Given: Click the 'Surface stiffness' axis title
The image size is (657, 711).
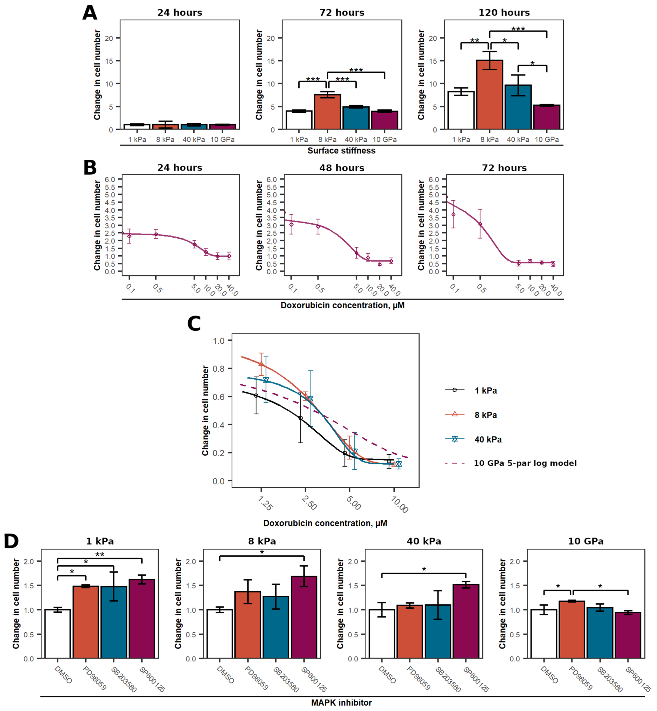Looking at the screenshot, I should [341, 150].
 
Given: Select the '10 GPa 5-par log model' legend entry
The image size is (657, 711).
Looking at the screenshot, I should [525, 463].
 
